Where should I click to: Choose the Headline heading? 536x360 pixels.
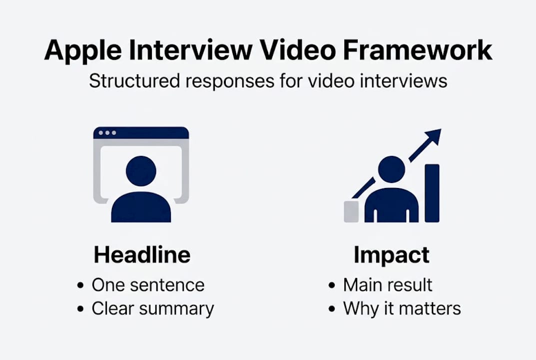pos(142,255)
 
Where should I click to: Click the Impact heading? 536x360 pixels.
pos(392,255)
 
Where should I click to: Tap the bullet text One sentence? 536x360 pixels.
pos(148,285)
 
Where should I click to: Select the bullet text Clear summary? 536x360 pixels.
pos(152,308)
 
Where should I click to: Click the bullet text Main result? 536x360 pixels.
pos(388,285)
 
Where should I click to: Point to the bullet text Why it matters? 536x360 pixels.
pos(402,308)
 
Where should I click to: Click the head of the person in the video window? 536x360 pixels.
pos(141,171)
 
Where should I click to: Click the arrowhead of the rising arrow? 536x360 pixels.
pos(434,136)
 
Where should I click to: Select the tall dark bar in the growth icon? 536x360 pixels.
pos(432,193)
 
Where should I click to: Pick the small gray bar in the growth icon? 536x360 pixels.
pos(352,211)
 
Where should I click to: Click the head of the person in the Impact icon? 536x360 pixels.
pos(391,168)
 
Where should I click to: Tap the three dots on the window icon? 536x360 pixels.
pos(107,133)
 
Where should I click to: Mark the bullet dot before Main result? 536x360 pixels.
pos(332,285)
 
